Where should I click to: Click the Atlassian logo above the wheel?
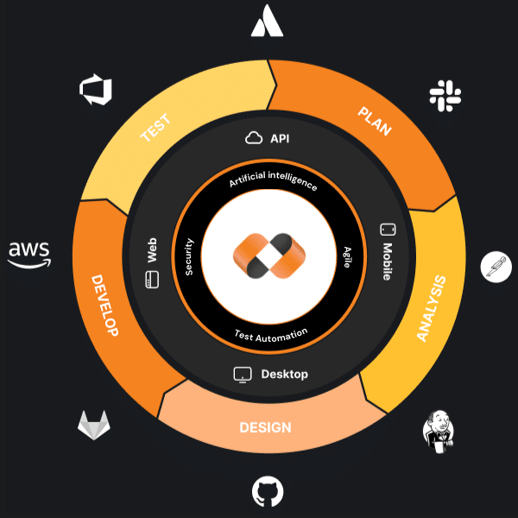click(x=267, y=22)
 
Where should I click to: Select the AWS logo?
click(x=29, y=253)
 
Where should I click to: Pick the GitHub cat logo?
click(x=268, y=492)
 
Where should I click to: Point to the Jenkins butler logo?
click(x=439, y=429)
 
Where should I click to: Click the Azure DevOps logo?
click(x=91, y=90)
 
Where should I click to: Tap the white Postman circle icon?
click(x=496, y=266)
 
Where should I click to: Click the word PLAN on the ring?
click(x=376, y=122)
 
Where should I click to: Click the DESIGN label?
click(x=265, y=427)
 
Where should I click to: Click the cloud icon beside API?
click(x=254, y=137)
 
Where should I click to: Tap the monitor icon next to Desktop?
click(x=243, y=375)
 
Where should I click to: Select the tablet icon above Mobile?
click(x=388, y=231)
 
